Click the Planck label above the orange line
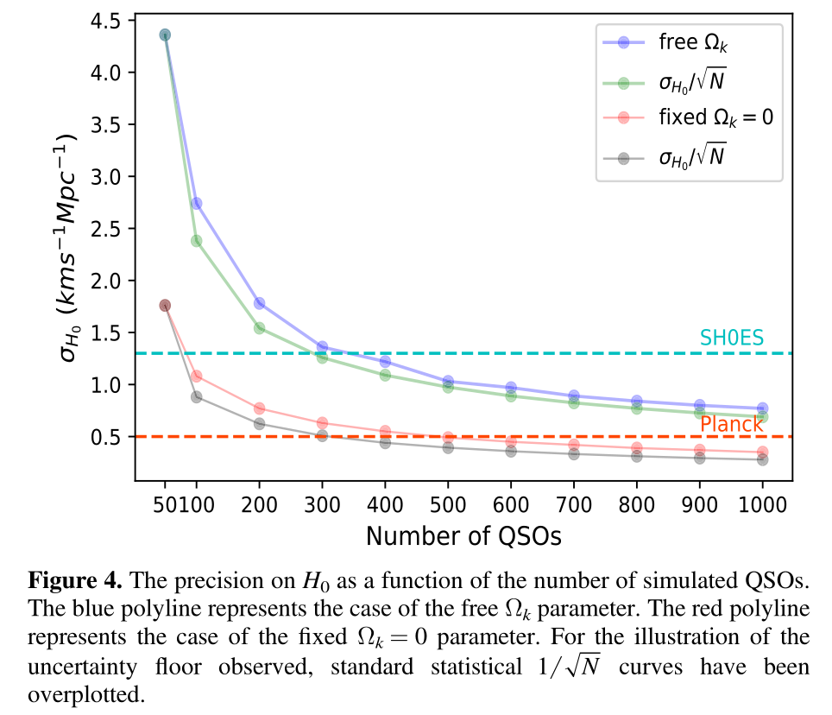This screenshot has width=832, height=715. click(x=731, y=424)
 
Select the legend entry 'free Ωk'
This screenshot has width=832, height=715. click(x=696, y=41)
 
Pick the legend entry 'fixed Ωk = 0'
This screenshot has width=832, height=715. click(x=715, y=117)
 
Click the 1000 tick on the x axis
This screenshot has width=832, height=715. click(x=762, y=503)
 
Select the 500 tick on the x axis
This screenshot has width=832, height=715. click(x=448, y=503)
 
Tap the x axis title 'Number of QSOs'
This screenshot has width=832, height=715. click(x=463, y=536)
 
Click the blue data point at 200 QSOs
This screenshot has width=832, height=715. click(x=259, y=303)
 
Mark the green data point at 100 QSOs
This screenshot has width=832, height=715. click(x=196, y=241)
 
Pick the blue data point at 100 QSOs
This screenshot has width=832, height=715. click(x=196, y=203)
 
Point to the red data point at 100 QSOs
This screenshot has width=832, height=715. click(x=196, y=376)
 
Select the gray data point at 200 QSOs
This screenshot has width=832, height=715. click(x=259, y=424)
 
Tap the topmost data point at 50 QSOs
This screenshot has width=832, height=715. click(x=165, y=35)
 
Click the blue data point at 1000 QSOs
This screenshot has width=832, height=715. click(x=762, y=408)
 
